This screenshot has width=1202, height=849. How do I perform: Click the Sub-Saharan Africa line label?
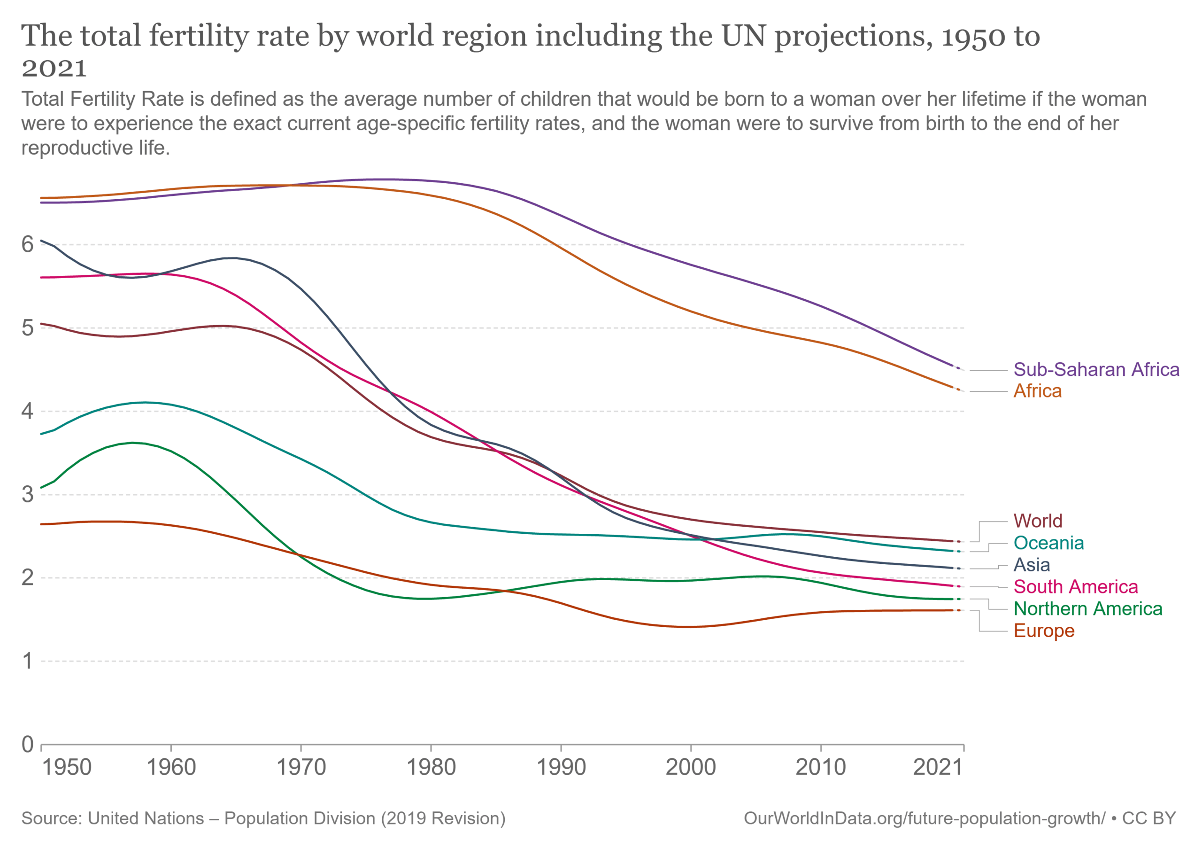[x=1096, y=370]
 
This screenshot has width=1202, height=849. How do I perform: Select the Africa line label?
[x=1037, y=391]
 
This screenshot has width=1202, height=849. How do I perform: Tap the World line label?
[x=1038, y=521]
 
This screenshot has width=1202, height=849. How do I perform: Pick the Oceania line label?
[x=1048, y=543]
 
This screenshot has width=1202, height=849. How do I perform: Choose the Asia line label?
[x=1032, y=565]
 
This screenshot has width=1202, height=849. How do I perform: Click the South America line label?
[x=1075, y=587]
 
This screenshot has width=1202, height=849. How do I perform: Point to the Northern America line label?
[x=1087, y=609]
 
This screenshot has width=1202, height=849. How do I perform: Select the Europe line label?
[x=1043, y=631]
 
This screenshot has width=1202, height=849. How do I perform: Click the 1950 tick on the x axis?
[x=67, y=768]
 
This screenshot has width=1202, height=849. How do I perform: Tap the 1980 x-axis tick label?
[x=431, y=768]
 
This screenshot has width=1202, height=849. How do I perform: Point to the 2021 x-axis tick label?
[x=938, y=768]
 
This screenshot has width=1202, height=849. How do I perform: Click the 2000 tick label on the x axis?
[x=691, y=768]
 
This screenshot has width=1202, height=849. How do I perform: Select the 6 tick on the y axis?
[x=27, y=245]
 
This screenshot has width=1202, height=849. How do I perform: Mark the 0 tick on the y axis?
[x=27, y=745]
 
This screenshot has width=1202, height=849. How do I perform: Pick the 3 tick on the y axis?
[x=27, y=494]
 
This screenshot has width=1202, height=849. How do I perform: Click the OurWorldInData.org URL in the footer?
[x=924, y=818]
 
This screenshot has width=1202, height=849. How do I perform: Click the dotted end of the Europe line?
[x=958, y=611]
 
